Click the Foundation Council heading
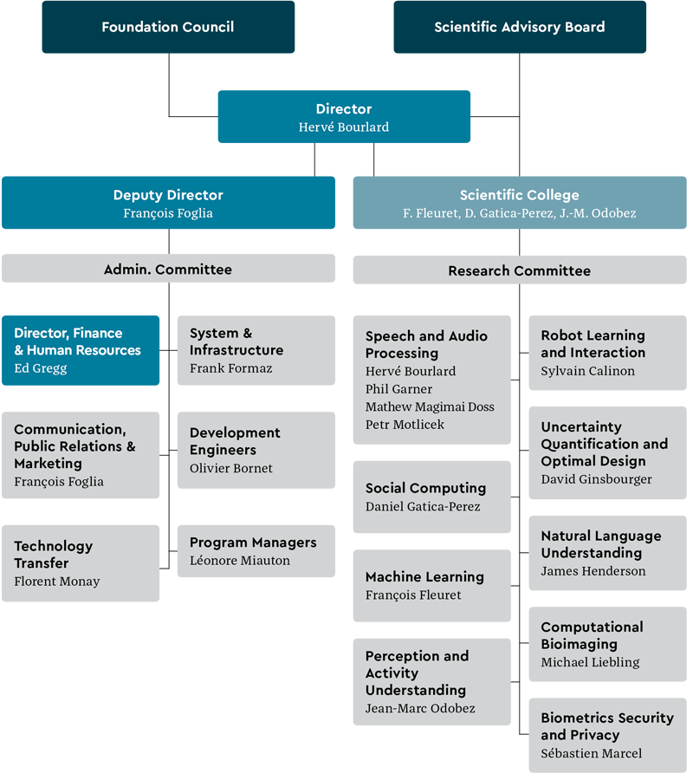167,27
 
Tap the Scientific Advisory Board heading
519,27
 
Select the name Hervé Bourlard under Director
344,127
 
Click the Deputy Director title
168,196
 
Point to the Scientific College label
519,196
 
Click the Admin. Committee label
168,270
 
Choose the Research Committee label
519,271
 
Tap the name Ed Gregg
41,368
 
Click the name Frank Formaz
230,368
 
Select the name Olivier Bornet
231,468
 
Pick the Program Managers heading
253,543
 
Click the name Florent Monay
57,582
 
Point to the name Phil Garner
398,389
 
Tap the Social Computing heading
425,489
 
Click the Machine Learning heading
424,577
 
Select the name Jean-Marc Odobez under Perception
420,709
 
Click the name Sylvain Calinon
588,371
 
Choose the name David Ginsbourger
597,479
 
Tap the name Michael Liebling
590,662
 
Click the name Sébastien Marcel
592,753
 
